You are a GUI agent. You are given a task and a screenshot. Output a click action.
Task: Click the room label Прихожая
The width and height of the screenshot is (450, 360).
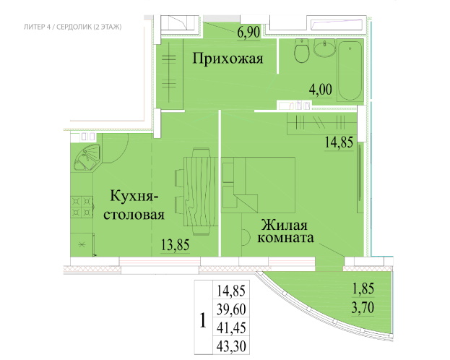(x=228, y=59)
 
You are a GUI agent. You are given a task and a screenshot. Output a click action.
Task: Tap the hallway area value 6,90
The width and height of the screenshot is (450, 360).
(x=248, y=32)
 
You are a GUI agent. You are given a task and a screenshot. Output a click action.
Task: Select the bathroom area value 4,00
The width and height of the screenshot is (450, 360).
(x=321, y=89)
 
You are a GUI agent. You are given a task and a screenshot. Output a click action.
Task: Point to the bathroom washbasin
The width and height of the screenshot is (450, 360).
(x=324, y=48)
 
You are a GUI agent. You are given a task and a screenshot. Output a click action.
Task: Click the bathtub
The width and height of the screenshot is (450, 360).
(x=350, y=70)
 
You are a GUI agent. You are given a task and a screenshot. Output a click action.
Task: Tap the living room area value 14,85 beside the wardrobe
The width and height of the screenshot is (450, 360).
(x=339, y=142)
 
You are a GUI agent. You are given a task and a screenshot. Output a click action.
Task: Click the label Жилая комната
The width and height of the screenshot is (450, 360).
(x=285, y=231)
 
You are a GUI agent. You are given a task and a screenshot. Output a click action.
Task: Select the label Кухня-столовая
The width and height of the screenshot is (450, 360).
(x=134, y=205)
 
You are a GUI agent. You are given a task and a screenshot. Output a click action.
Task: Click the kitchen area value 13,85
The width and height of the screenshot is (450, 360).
(x=176, y=245)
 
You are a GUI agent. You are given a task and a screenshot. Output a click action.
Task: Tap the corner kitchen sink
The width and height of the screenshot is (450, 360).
(x=87, y=158)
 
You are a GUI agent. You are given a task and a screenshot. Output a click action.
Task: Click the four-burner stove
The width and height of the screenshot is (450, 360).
(x=82, y=207)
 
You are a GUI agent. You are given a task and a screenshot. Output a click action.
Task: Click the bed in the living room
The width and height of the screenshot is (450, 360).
(x=259, y=185)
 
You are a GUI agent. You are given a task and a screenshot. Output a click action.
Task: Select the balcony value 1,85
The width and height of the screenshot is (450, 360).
(x=363, y=288)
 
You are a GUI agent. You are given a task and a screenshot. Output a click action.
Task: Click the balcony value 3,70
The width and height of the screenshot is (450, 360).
(x=363, y=308)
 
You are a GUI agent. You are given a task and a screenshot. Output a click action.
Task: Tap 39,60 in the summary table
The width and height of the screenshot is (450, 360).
(x=231, y=309)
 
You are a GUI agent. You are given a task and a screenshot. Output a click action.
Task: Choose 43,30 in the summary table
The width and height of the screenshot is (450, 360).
(x=231, y=346)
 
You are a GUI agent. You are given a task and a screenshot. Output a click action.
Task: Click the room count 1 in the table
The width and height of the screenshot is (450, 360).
(x=203, y=320)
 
